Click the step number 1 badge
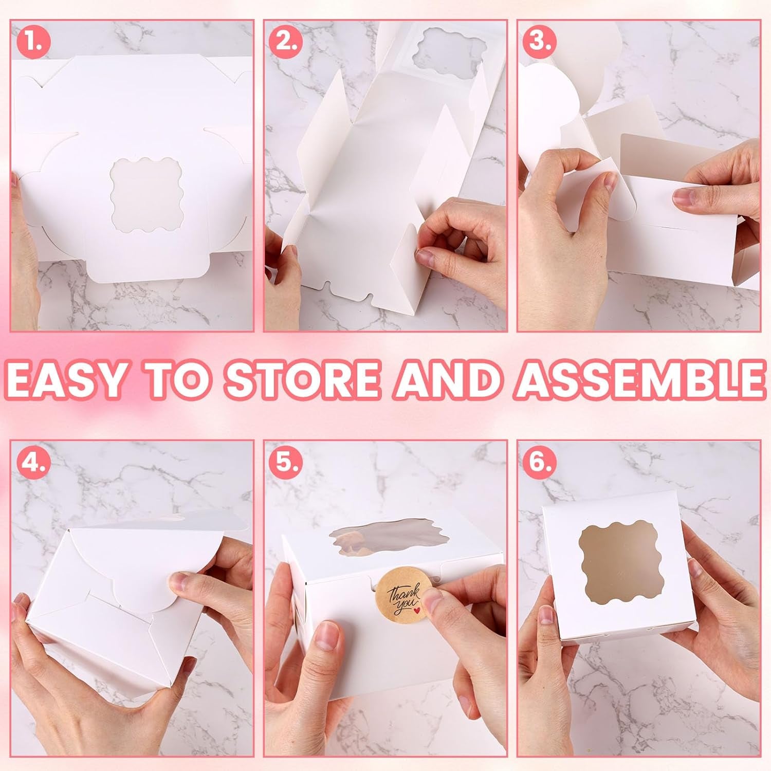coord(34,41)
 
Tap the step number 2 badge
coord(286,41)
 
